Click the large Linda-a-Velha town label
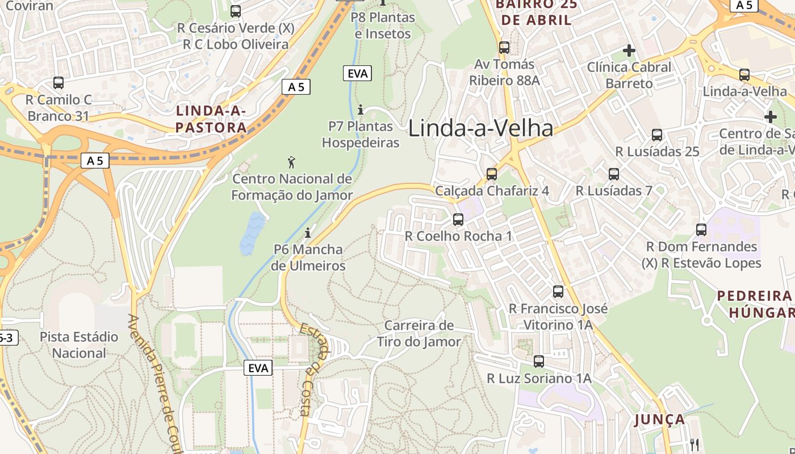click(480, 128)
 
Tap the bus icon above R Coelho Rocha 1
click(458, 219)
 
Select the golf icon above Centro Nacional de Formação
click(291, 162)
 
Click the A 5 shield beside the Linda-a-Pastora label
click(296, 87)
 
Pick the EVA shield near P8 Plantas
click(357, 73)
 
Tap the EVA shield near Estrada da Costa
click(258, 368)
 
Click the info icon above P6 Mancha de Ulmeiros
click(308, 233)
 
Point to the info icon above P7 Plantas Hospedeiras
click(360, 110)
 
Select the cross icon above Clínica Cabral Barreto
click(629, 51)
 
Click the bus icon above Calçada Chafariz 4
click(492, 174)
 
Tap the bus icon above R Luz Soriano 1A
click(538, 361)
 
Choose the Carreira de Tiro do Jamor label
click(419, 333)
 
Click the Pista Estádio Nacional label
click(79, 344)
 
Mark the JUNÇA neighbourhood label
click(659, 419)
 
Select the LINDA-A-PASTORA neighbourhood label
click(211, 119)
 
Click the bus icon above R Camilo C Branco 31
click(58, 83)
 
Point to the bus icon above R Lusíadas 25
click(657, 135)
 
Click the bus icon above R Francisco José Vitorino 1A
click(558, 292)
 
